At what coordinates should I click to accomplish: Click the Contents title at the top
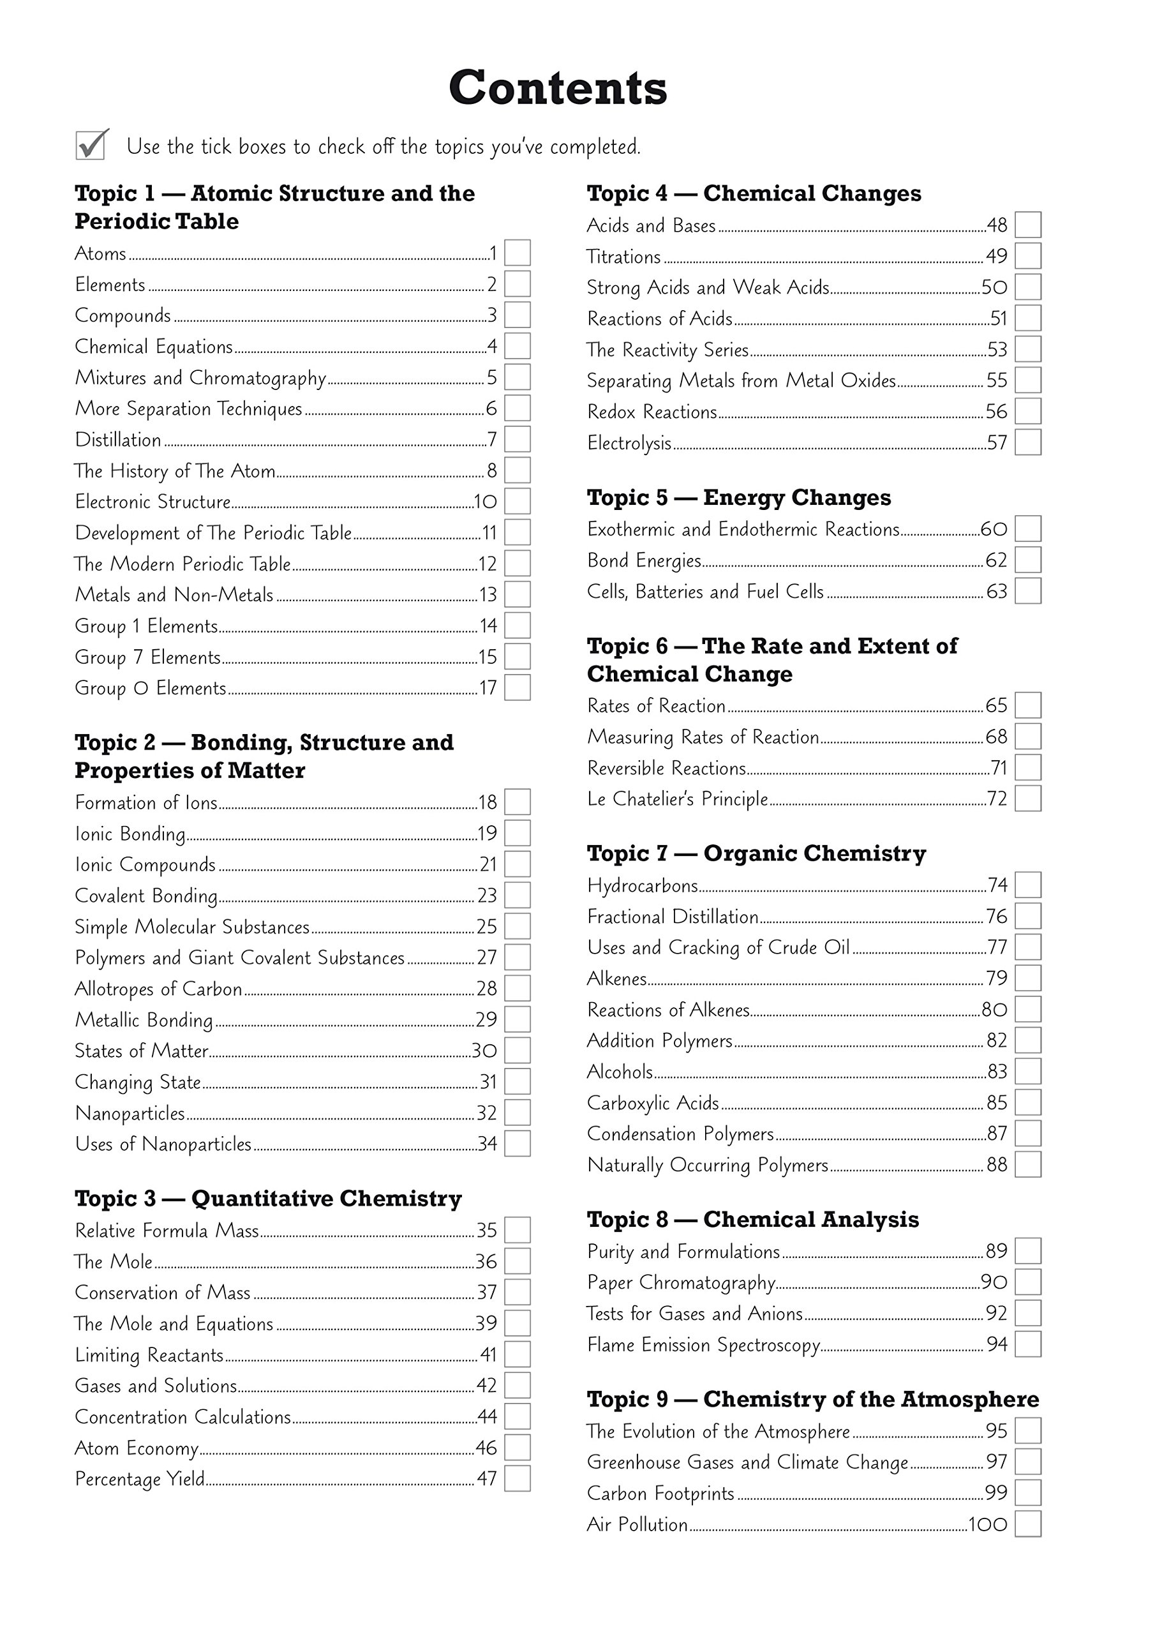[557, 88]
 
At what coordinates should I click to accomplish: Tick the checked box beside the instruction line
[91, 145]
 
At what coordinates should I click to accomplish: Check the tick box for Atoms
[518, 253]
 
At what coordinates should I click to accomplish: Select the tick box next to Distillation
[518, 439]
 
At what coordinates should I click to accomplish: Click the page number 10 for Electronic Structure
[486, 502]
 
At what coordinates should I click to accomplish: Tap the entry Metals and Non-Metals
[174, 595]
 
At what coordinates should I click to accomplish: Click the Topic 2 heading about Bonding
[264, 756]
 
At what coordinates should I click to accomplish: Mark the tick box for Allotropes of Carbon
[518, 989]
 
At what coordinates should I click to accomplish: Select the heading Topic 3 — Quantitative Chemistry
[268, 1199]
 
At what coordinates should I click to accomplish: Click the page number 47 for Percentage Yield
[487, 1479]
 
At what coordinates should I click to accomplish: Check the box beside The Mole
[518, 1261]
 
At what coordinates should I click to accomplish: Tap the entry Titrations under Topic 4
[623, 256]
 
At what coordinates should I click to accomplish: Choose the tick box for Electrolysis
[1028, 442]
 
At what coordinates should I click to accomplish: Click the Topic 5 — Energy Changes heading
[739, 497]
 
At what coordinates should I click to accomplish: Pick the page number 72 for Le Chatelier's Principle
[997, 798]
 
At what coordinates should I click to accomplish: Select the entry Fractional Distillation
[673, 917]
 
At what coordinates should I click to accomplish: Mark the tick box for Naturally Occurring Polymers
[1028, 1165]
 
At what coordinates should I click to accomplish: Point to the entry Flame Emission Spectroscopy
[703, 1345]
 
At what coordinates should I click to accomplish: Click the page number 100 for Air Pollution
[988, 1524]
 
